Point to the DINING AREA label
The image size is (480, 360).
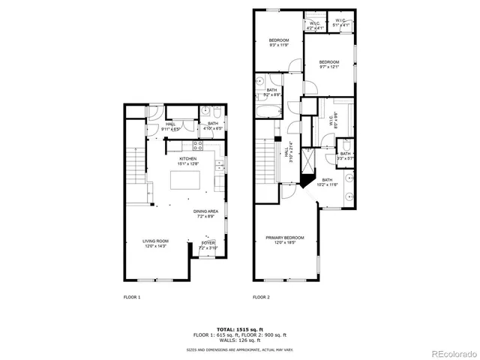[x=206, y=213]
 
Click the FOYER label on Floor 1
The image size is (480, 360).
[x=208, y=244]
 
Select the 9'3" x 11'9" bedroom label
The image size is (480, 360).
[x=279, y=42]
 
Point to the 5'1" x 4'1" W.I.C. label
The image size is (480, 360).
[x=340, y=24]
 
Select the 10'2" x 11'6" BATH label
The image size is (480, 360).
[x=327, y=182]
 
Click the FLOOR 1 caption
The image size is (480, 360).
[x=132, y=298]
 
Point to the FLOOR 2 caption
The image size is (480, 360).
[x=260, y=298]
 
